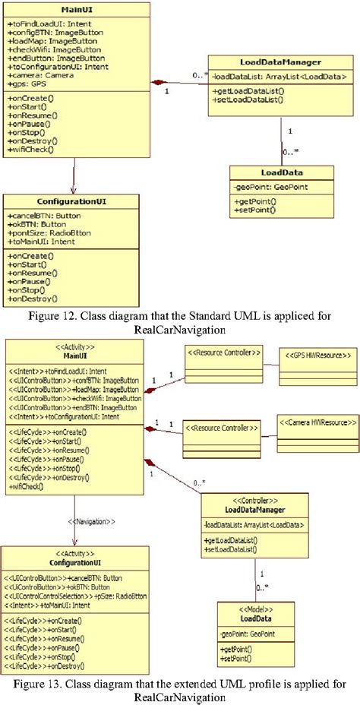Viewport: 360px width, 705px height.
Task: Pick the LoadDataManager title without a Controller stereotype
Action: click(x=280, y=62)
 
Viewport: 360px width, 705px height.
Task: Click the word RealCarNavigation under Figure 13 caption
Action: click(x=179, y=697)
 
